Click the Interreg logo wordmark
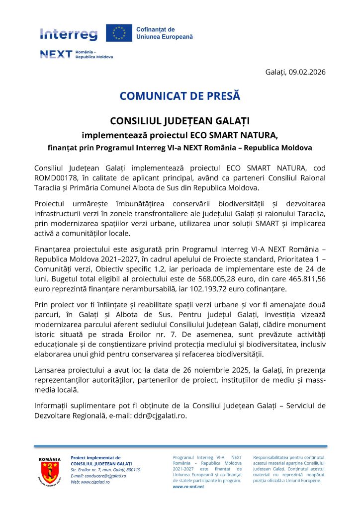point(69,34)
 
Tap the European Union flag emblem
point(119,33)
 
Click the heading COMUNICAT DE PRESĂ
point(180,96)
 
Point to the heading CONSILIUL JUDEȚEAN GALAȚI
point(180,121)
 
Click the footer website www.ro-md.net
point(188,487)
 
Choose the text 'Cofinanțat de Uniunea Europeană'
point(164,33)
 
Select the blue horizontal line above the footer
point(180,446)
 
